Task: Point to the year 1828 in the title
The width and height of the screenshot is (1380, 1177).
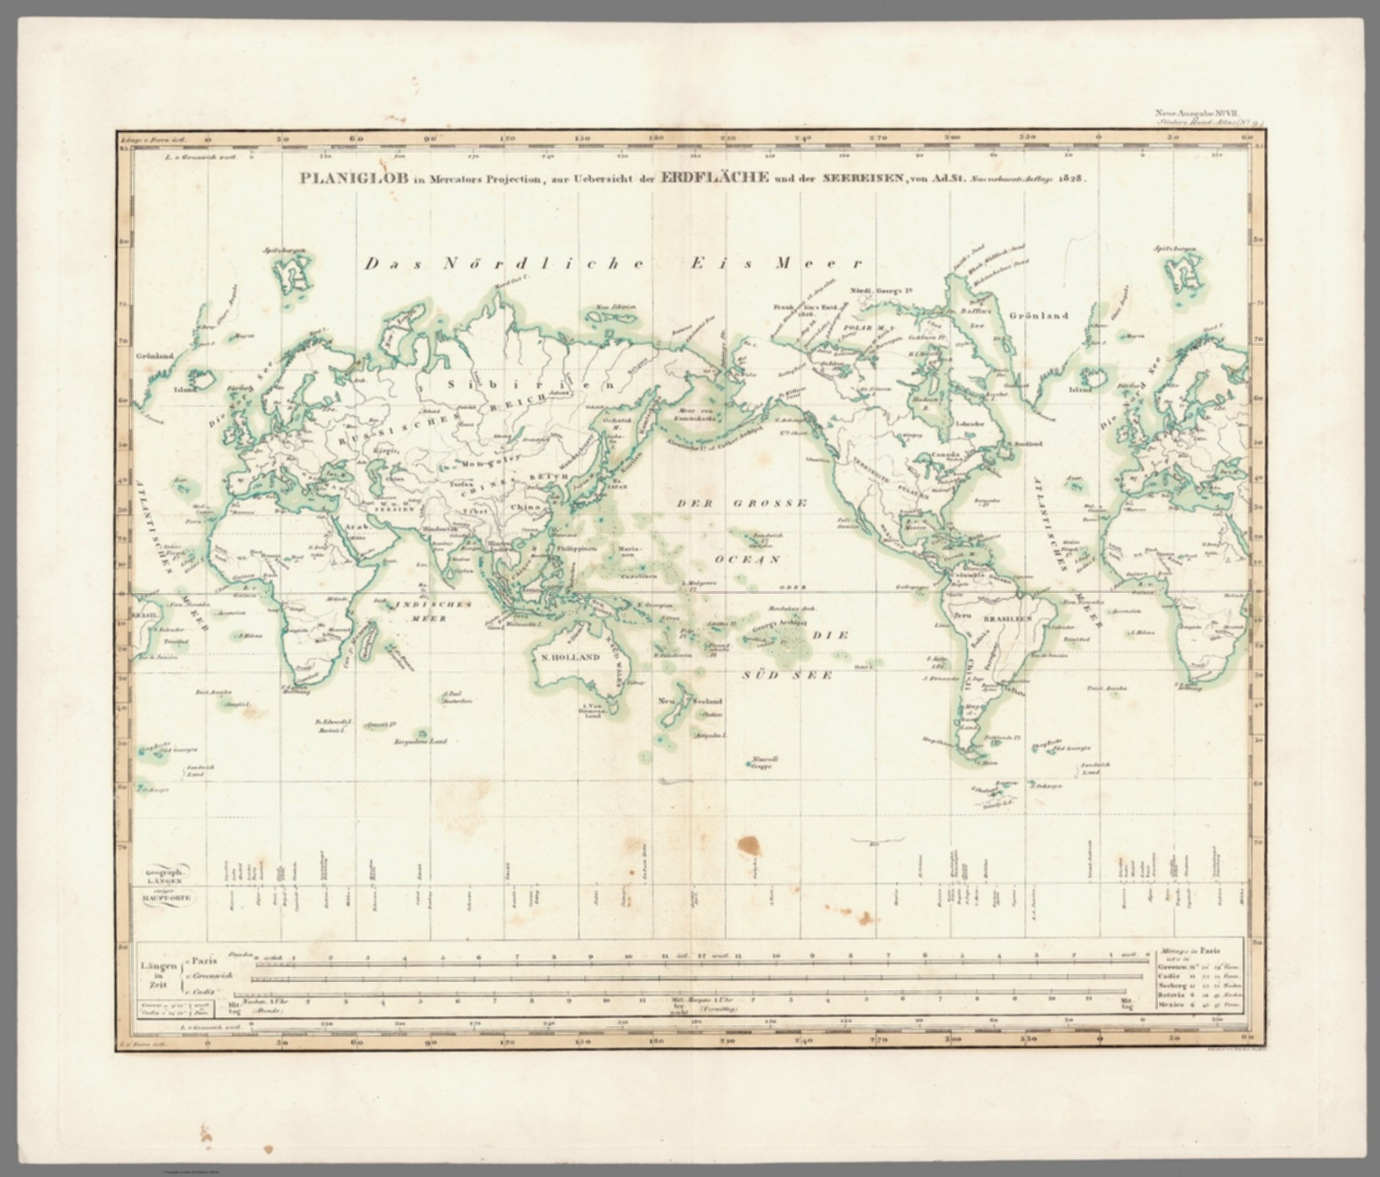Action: [1071, 178]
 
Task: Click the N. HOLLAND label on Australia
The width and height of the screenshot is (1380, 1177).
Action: [571, 657]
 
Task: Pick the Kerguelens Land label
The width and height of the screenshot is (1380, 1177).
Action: [420, 742]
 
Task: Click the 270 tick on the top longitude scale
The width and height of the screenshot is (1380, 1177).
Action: [879, 138]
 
